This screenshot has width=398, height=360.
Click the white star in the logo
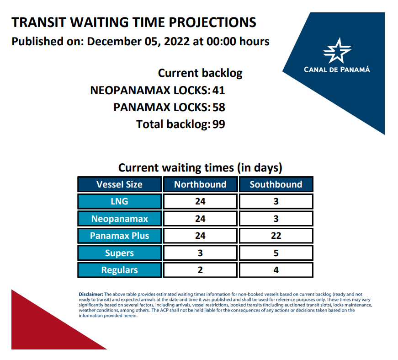click(337, 51)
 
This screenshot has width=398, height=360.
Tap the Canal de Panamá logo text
click(337, 70)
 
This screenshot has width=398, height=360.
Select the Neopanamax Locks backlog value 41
click(219, 91)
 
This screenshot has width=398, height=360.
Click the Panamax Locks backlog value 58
click(219, 107)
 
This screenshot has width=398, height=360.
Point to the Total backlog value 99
click(219, 124)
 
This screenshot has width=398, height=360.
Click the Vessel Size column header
click(120, 184)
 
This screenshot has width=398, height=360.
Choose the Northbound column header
click(200, 184)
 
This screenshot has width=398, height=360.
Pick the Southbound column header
click(276, 184)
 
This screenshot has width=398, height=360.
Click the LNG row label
click(120, 201)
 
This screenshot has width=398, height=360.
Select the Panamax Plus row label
click(120, 236)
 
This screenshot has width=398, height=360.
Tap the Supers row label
click(120, 253)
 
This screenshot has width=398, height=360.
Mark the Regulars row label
click(120, 270)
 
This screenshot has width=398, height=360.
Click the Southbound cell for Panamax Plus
click(276, 236)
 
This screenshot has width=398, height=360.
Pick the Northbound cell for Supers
click(200, 253)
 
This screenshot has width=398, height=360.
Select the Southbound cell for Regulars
click(276, 270)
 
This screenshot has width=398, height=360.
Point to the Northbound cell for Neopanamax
click(200, 219)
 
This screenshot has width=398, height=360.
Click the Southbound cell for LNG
click(276, 201)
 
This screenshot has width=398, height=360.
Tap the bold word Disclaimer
click(91, 294)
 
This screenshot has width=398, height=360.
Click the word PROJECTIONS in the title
click(212, 22)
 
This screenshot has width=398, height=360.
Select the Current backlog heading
click(200, 73)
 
